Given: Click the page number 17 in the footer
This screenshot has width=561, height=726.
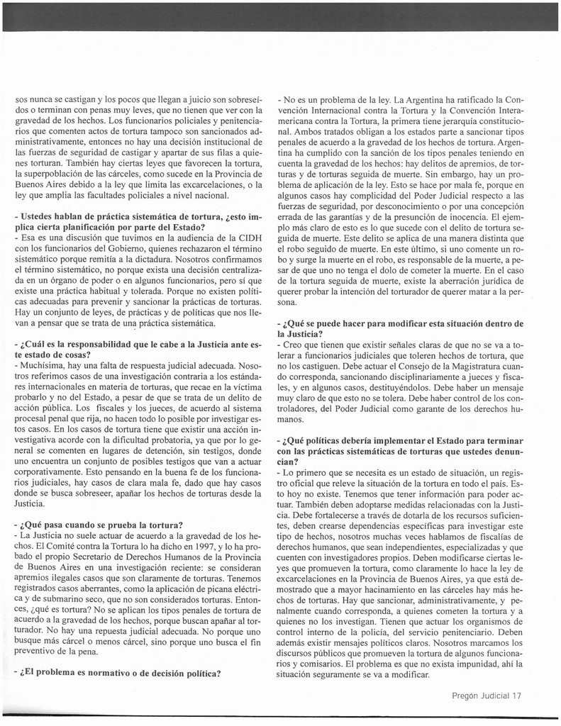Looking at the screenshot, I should coord(516,696).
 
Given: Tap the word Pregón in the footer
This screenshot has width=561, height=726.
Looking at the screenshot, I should coord(467,696).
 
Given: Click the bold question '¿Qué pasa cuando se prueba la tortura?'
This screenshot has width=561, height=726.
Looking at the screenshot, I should coord(99,525).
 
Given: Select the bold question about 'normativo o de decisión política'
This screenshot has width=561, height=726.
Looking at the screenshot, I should coord(118,673).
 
